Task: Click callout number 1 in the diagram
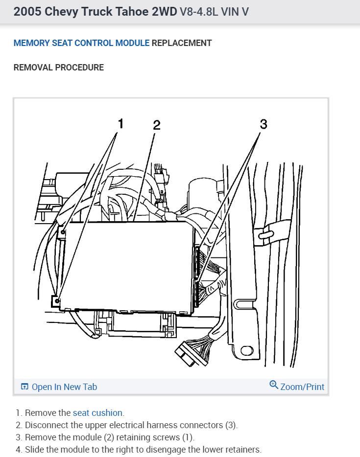pyautogui.click(x=120, y=123)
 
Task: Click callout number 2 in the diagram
pyautogui.click(x=156, y=125)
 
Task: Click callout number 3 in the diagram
pyautogui.click(x=264, y=124)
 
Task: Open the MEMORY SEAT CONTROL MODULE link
pyautogui.click(x=81, y=43)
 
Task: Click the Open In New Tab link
pyautogui.click(x=64, y=387)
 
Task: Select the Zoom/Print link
pyautogui.click(x=302, y=387)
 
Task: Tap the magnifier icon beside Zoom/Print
pyautogui.click(x=274, y=385)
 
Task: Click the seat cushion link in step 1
pyautogui.click(x=98, y=413)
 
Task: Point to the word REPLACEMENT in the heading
pyautogui.click(x=182, y=43)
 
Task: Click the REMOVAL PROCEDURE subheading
pyautogui.click(x=59, y=68)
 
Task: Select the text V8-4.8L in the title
pyautogui.click(x=201, y=12)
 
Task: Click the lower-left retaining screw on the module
pyautogui.click(x=57, y=301)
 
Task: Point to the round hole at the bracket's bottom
pyautogui.click(x=246, y=351)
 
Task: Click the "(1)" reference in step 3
pyautogui.click(x=188, y=437)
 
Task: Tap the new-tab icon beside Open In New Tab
pyautogui.click(x=24, y=387)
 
